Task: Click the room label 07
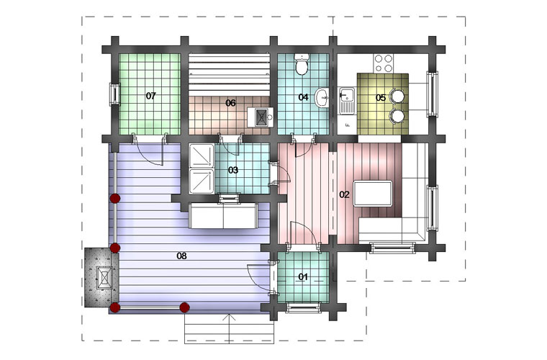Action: coord(151,96)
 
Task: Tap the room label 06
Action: coord(230,103)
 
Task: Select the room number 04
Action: coord(303,97)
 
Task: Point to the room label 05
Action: coord(381,98)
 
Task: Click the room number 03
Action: coord(233,170)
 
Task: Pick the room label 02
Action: coord(344,194)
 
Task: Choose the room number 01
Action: coord(303,277)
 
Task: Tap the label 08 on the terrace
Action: coord(181,256)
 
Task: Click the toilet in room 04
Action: coord(301,65)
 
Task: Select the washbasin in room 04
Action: coord(322,98)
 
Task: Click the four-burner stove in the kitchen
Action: coord(383,63)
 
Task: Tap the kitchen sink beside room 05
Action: coord(347,101)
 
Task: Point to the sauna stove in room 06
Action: coord(261,117)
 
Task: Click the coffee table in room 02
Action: coord(373,194)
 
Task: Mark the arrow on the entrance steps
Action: coord(229,328)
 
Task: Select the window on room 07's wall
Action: coord(114,94)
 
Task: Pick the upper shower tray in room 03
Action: coord(202,156)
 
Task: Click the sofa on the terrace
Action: coord(223,216)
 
